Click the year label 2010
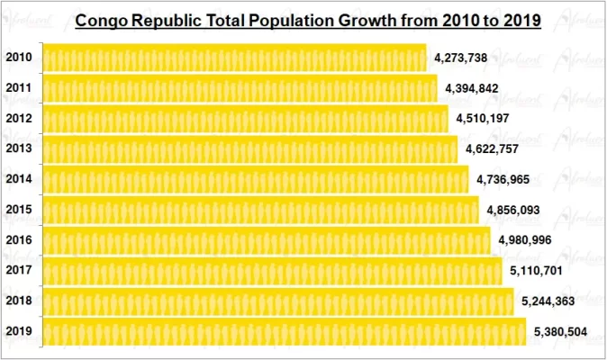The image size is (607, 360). tap(19, 58)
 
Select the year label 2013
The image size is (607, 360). tap(19, 149)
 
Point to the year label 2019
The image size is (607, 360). tap(19, 331)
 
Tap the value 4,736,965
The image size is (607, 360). tap(503, 180)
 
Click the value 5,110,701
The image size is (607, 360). tap(537, 271)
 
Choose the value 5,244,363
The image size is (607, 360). tap(548, 301)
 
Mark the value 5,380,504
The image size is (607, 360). tap(560, 332)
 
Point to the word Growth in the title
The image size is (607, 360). tap(385, 21)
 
